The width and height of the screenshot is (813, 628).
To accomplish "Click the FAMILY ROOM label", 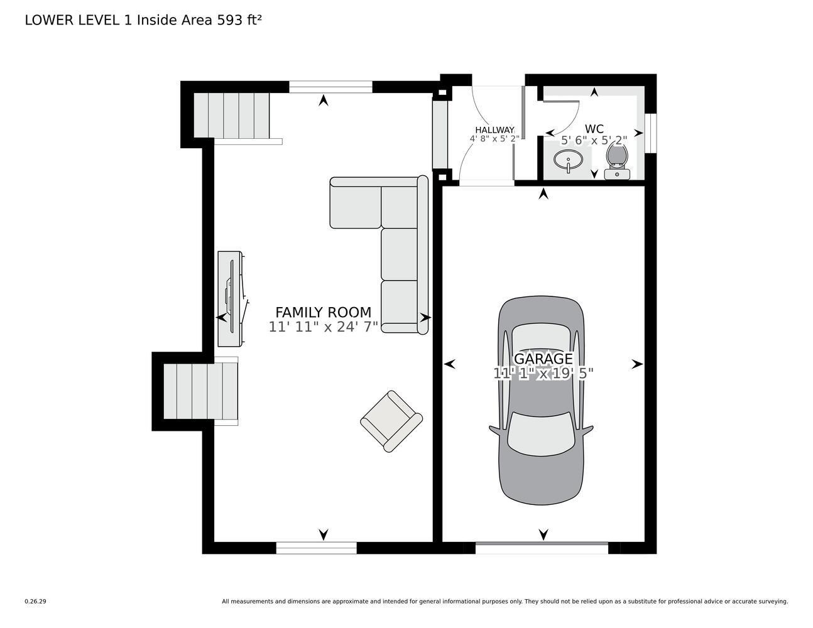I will pos(323,312).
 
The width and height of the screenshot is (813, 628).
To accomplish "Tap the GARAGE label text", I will pos(543,359).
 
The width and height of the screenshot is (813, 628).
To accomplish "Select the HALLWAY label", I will pos(494,130).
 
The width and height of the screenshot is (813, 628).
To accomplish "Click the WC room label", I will pos(594,129).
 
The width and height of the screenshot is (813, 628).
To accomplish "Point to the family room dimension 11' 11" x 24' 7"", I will pos(323,327).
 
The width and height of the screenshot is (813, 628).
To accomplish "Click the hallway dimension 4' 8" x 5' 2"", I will pos(494,139).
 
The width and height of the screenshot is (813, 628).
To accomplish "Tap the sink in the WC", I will pos(569,160).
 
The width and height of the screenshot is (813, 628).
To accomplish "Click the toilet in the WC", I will pos(617,160).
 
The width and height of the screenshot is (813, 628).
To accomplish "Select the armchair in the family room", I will pos(391,421).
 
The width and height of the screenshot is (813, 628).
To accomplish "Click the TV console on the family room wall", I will pos(230,298).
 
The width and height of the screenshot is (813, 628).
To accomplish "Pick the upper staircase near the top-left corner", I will pos(231,115).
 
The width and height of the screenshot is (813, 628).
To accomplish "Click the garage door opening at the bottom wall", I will pos(542,548).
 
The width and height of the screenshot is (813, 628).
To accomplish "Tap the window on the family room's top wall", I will pos(330,87).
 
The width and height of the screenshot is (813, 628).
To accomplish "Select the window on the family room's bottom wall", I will pos(316,548).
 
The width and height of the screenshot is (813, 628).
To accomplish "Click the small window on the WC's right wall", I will pos(651,134).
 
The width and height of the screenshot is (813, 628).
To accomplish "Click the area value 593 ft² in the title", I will pos(239,20).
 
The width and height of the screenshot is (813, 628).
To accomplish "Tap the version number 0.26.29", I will pos(35,601).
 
